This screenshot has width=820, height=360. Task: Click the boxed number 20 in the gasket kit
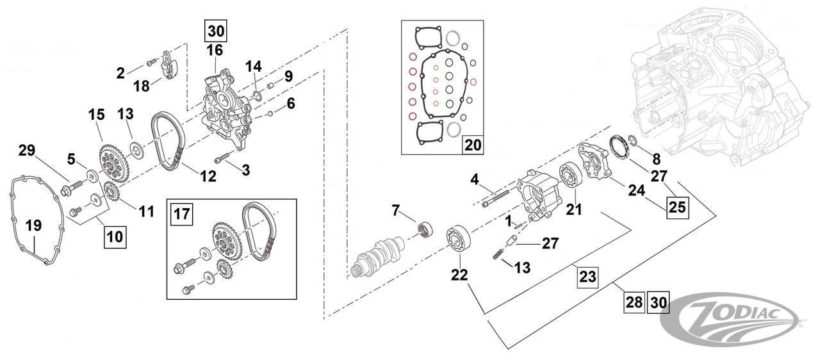tap(471, 145)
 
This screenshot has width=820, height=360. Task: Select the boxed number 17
tap(182, 214)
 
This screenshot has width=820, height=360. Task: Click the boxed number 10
tap(114, 236)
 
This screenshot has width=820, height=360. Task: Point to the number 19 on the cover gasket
tap(33, 224)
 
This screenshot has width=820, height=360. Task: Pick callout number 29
tap(26, 151)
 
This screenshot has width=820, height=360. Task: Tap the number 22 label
tap(459, 275)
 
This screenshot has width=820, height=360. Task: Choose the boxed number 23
tap(587, 277)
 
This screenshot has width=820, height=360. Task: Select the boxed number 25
tap(677, 208)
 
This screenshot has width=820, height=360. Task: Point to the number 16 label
tap(215, 50)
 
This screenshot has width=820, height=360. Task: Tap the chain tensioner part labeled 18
tap(168, 67)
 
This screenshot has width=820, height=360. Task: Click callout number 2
tap(120, 73)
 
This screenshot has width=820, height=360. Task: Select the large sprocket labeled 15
tap(113, 165)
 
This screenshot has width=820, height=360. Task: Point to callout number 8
tap(655, 157)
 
